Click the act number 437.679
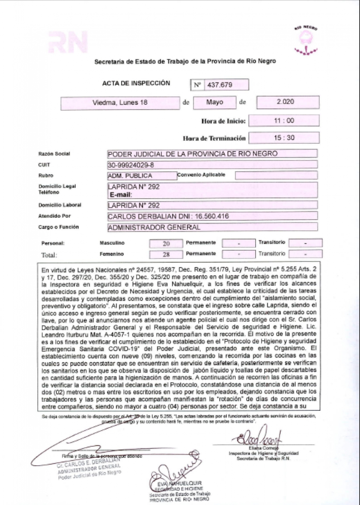click(220, 85)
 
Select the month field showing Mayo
click(215, 102)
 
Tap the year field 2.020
click(285, 102)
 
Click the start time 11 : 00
click(284, 121)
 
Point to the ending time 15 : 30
click(284, 138)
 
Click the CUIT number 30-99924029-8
click(131, 165)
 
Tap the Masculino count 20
click(166, 244)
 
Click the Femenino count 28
click(166, 254)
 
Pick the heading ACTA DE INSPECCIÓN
click(136, 83)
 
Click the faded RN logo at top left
click(68, 42)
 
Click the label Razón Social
click(54, 154)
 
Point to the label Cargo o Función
click(58, 227)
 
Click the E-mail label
click(121, 195)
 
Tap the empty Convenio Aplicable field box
click(276, 175)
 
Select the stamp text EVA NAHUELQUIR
click(180, 483)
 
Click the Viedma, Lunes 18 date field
click(120, 103)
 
